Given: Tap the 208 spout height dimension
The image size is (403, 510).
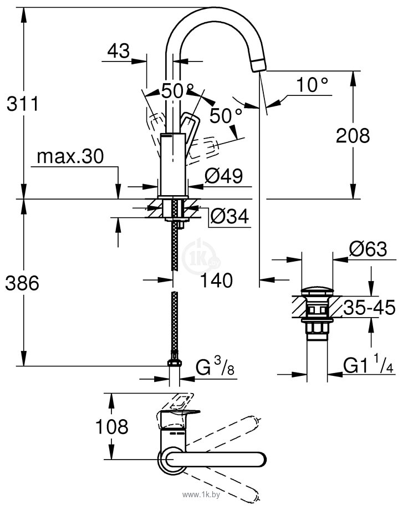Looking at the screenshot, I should tap(353, 135).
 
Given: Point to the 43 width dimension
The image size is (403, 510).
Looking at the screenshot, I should tap(118, 51).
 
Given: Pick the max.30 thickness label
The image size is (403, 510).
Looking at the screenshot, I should tap(70, 157).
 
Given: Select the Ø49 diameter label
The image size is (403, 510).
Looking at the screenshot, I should tap(223, 176).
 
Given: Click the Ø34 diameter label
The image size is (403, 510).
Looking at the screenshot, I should tap(228, 218).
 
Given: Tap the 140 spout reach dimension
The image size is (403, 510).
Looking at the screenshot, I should tap(216, 281).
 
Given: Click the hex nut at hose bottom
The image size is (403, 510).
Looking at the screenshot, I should tap(174, 364).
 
